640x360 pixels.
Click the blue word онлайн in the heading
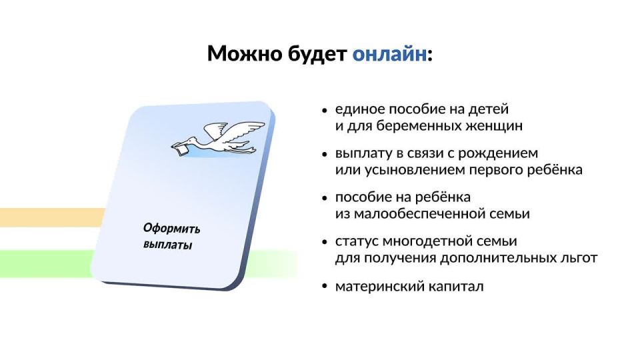(x=389, y=53)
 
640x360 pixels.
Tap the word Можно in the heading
(x=241, y=53)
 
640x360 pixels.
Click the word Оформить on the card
(x=171, y=229)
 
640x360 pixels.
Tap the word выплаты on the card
(x=167, y=245)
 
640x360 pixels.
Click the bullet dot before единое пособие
(x=325, y=109)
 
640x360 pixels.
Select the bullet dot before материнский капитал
(x=325, y=287)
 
